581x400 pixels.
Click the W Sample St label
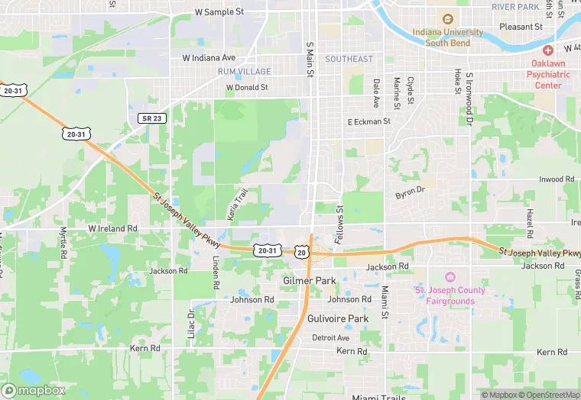click(219, 12)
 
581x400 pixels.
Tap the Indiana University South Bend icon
click(447, 19)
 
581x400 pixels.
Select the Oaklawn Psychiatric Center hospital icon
click(548, 50)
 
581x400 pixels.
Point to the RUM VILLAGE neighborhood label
click(244, 72)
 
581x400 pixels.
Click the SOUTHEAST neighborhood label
click(349, 59)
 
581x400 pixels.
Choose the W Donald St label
click(247, 88)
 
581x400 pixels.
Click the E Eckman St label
click(368, 121)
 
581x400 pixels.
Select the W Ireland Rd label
click(112, 228)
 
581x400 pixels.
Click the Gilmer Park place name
click(310, 281)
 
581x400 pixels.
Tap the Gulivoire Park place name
click(338, 318)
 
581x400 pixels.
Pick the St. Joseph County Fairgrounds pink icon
click(450, 277)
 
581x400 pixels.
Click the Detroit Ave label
click(330, 337)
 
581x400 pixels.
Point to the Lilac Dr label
click(191, 323)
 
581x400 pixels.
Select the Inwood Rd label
click(557, 179)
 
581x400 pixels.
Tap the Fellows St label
click(340, 224)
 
